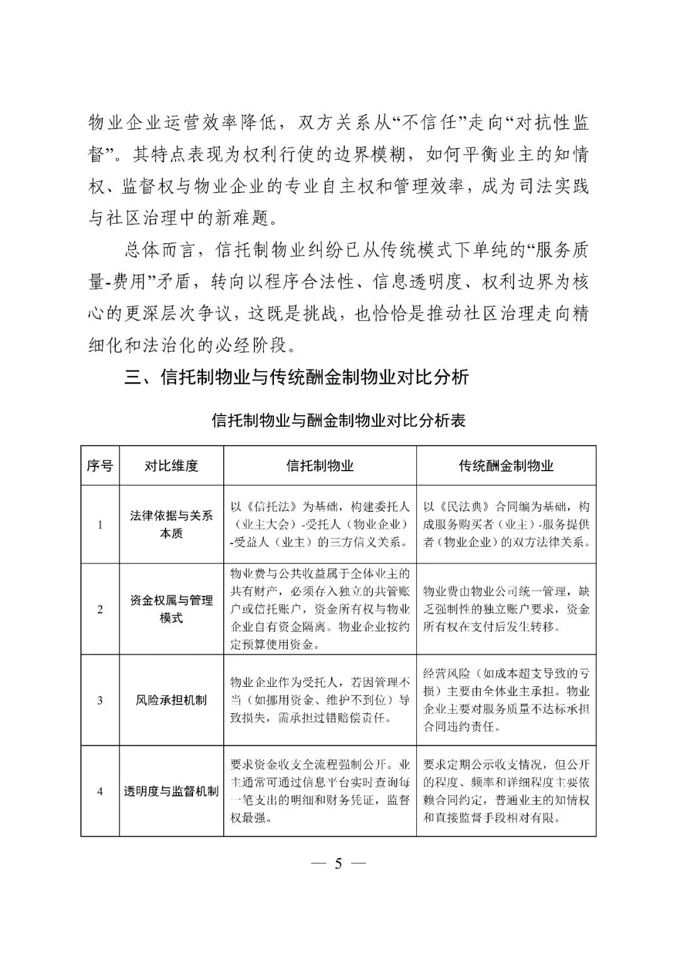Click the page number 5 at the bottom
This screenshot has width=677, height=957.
tap(338, 864)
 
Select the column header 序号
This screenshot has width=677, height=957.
tap(100, 466)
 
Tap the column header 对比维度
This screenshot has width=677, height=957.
tap(171, 466)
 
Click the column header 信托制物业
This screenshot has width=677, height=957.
tap(320, 466)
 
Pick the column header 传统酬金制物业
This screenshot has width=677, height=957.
tap(506, 466)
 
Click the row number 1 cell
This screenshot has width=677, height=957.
tap(100, 525)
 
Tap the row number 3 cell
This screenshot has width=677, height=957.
tap(100, 700)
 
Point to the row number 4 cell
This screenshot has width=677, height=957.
tap(100, 791)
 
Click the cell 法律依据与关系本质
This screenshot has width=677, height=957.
tap(171, 525)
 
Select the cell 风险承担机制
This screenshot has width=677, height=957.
tap(171, 700)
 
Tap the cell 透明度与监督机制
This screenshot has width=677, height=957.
tap(171, 791)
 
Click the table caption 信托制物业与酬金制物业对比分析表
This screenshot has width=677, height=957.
tap(338, 421)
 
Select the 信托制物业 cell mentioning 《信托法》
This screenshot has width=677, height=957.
tap(320, 525)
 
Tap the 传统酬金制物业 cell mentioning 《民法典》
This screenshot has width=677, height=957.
tap(506, 525)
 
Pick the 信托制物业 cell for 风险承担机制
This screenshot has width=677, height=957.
tap(320, 700)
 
